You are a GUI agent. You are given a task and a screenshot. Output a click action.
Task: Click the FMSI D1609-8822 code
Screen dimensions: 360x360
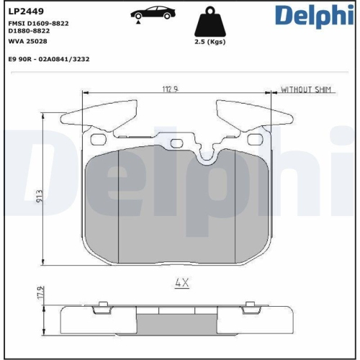(x=39, y=23)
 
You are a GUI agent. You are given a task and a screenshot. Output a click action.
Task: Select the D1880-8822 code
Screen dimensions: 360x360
(x=29, y=31)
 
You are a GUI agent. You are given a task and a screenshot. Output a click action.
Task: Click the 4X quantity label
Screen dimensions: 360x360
(x=181, y=283)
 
